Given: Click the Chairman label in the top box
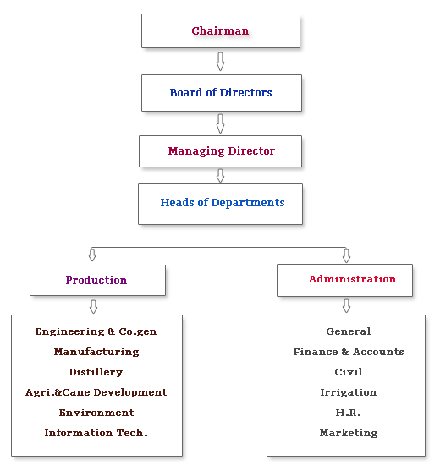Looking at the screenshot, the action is (x=220, y=30).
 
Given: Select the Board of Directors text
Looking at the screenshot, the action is (x=221, y=92).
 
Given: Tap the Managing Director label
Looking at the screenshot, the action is (x=222, y=151).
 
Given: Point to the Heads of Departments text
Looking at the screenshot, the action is (x=223, y=203).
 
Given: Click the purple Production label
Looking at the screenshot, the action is (x=96, y=280).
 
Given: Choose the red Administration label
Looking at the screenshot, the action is (x=352, y=279).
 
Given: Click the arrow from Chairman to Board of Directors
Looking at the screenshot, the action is (x=220, y=62).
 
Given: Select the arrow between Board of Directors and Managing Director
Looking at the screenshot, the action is (x=220, y=123).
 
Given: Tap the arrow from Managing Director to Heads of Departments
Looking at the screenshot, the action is (x=220, y=176).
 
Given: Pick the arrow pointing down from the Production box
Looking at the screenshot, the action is (x=94, y=306).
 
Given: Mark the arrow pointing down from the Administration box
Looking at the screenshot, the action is (x=346, y=306).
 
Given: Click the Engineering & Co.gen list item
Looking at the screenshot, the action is (x=96, y=331).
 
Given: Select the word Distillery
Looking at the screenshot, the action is (x=96, y=372).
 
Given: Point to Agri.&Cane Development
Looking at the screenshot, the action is (x=96, y=392).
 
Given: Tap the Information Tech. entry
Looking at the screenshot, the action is (x=96, y=433).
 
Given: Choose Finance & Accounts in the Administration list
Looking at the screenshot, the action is (x=349, y=352).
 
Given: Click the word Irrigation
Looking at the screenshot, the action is (x=349, y=392).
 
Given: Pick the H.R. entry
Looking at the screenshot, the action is (x=349, y=413).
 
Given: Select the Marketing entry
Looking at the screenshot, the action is (x=349, y=433).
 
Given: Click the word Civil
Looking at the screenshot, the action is (x=349, y=372).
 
